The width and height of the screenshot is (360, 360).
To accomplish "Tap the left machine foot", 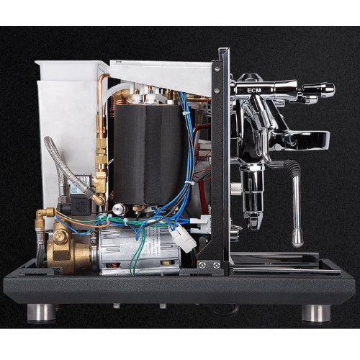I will (x=42, y=312).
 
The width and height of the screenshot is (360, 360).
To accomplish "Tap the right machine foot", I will (x=315, y=312).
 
